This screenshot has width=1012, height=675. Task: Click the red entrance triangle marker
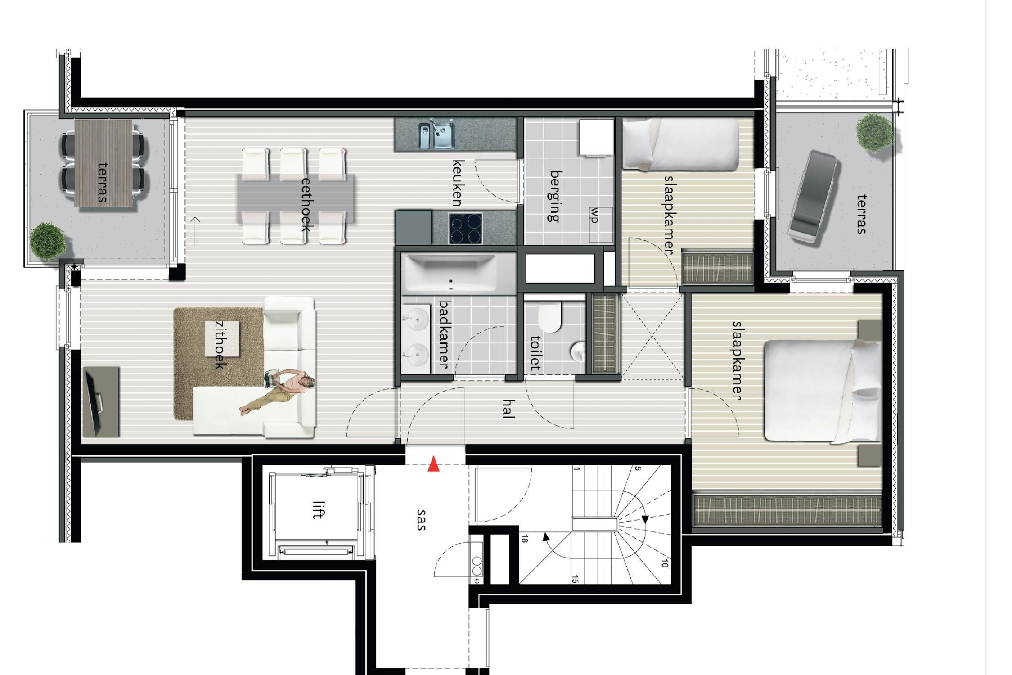(x=433, y=464)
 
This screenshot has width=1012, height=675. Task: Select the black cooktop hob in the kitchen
(x=465, y=228)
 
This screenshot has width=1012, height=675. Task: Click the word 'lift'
(x=318, y=509)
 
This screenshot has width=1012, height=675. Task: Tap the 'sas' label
(x=421, y=520)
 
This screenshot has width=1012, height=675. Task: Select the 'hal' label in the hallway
(x=508, y=408)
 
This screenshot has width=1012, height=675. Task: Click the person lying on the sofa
(x=278, y=389)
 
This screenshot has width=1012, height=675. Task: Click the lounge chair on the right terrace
(x=813, y=198)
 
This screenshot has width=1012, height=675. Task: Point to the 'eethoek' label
(x=306, y=204)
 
